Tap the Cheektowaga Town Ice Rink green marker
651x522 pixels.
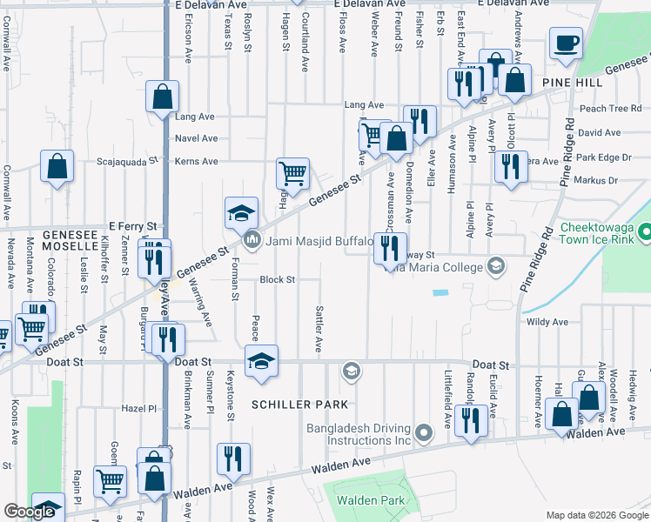(x=644, y=232)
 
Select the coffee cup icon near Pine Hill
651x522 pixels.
(x=566, y=43)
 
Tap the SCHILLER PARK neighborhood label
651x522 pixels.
(x=300, y=405)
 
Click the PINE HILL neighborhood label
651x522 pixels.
(x=571, y=81)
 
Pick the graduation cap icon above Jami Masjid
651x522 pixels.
(x=241, y=212)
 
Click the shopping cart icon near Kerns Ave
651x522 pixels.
(x=293, y=173)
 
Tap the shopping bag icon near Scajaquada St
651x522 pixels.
(x=57, y=165)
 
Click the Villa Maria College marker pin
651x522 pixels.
(x=495, y=265)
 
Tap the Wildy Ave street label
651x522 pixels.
(x=547, y=322)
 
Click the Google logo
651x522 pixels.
(x=29, y=512)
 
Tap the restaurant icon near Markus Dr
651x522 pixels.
(x=509, y=164)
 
